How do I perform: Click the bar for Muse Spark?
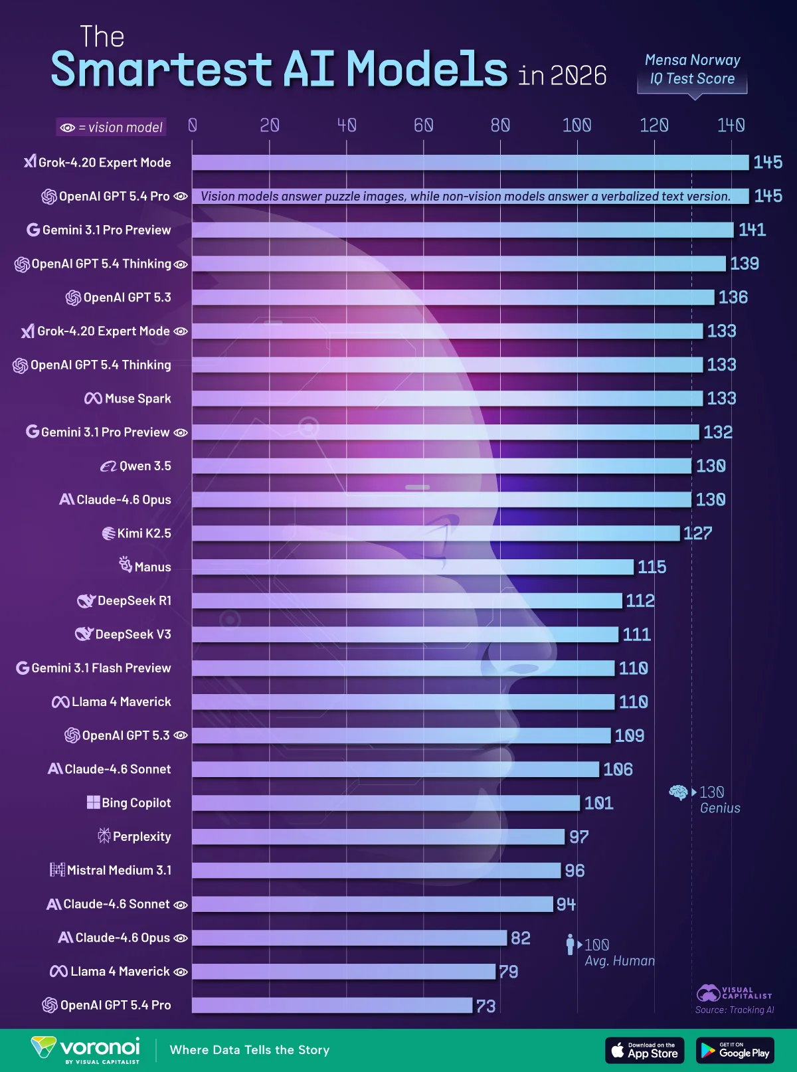tap(447, 399)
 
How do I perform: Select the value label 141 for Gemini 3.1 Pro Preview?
tap(752, 230)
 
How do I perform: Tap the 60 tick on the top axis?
tap(423, 125)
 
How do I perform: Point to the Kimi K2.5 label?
tap(143, 533)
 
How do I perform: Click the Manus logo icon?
tap(126, 565)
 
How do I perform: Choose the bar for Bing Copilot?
tap(385, 803)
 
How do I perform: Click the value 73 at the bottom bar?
tap(486, 1006)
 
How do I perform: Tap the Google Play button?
tap(735, 1050)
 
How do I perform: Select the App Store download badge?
tap(644, 1050)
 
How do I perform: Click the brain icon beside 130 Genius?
tap(678, 792)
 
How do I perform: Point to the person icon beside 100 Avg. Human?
tap(570, 944)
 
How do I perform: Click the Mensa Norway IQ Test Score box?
tap(692, 70)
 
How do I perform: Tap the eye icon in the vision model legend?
tap(67, 128)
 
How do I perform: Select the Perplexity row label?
tap(141, 837)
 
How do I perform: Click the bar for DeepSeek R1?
tap(406, 601)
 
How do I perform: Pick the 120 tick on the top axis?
tap(654, 125)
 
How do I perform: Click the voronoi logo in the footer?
tap(86, 1049)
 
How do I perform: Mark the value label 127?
tap(697, 533)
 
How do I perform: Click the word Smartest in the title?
tap(161, 69)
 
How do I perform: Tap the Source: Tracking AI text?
tap(735, 1010)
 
